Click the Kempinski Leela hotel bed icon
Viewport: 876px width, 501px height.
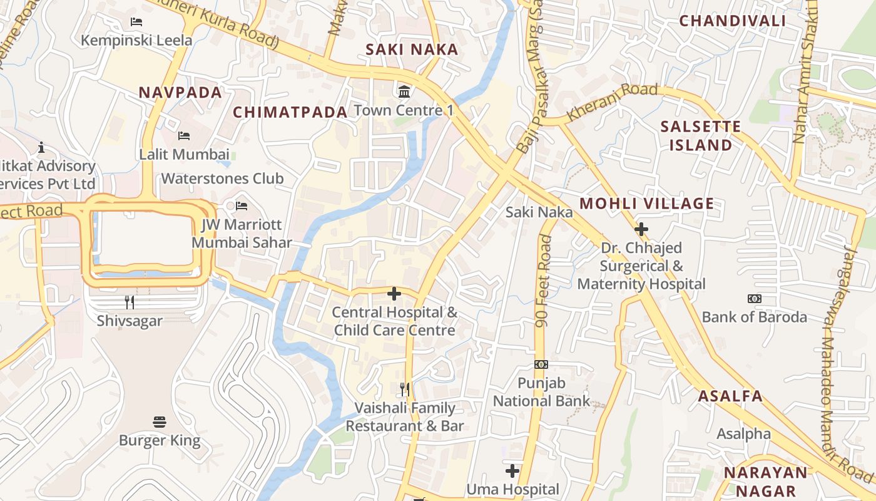click(136, 22)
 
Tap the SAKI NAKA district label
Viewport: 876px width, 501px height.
click(412, 49)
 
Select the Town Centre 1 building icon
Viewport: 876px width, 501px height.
click(404, 91)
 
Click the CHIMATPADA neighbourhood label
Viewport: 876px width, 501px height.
click(290, 112)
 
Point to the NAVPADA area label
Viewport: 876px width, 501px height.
click(180, 93)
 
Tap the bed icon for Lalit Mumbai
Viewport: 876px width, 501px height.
click(184, 135)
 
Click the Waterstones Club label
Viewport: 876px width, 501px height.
click(222, 178)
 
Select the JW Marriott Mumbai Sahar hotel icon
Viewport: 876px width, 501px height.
click(242, 206)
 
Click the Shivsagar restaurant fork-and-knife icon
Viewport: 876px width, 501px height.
click(130, 302)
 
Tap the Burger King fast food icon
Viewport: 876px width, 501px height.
click(160, 421)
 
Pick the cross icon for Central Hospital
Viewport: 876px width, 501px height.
click(394, 293)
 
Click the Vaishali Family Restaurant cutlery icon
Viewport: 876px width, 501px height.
click(405, 390)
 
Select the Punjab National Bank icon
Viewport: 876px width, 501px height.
click(541, 364)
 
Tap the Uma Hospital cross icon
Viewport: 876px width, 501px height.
click(512, 470)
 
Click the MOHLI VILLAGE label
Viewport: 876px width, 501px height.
click(646, 204)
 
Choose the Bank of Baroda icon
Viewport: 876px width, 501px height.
click(755, 299)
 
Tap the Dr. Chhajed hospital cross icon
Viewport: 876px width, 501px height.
click(641, 229)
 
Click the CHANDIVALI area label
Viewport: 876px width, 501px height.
click(732, 21)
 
